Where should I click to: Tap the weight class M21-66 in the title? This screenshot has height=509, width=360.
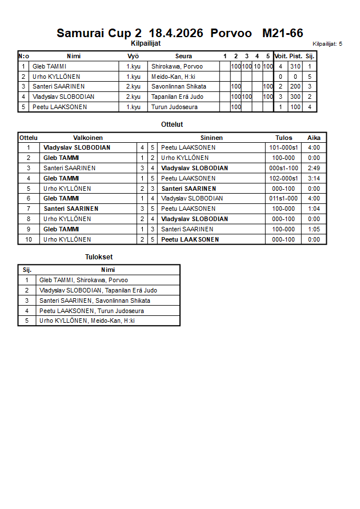point(282,33)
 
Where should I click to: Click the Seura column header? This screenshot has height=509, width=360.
point(183,56)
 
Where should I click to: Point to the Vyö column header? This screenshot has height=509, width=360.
point(133,56)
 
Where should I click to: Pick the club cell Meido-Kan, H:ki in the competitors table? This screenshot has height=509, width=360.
point(173,77)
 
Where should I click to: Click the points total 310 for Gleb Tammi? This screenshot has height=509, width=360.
point(295,66)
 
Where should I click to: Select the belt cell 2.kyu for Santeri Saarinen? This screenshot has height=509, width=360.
point(133,87)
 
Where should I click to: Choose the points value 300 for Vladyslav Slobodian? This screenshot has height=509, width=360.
point(295,97)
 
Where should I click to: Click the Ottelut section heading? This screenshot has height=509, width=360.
point(172,124)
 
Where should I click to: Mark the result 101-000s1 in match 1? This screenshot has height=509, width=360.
point(283,147)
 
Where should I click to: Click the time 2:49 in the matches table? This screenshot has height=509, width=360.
point(314,168)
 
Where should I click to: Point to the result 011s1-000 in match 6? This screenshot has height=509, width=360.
point(283,199)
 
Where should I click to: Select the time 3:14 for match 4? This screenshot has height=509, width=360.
point(314,178)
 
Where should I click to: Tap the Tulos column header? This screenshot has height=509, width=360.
point(283,138)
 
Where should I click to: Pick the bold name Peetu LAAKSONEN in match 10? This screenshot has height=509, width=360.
point(190,239)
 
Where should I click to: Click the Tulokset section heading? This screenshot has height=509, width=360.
point(99,257)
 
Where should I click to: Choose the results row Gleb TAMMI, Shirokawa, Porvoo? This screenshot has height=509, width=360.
point(83,280)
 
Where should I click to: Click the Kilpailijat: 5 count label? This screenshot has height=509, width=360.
point(327,43)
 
